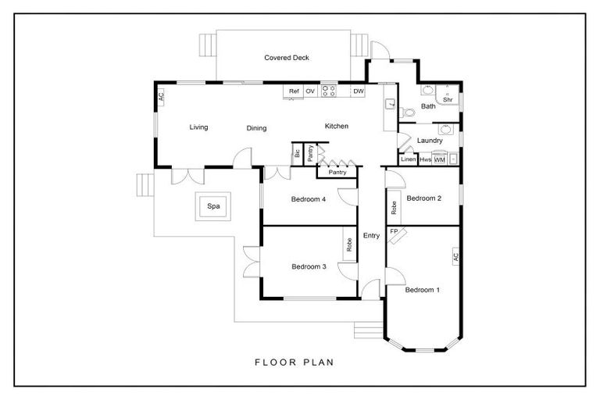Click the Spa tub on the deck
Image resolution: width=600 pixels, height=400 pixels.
pyautogui.click(x=213, y=206)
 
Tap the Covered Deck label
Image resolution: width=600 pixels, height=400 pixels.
pyautogui.click(x=287, y=58)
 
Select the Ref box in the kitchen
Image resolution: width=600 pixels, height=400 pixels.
pyautogui.click(x=294, y=91)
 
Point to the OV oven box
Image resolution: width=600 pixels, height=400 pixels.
pyautogui.click(x=310, y=91)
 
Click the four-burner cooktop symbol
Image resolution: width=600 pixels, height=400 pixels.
pyautogui.click(x=329, y=91)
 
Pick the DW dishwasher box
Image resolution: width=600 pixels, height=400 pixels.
pyautogui.click(x=358, y=91)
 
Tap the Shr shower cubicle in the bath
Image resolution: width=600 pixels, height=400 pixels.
pyautogui.click(x=448, y=95)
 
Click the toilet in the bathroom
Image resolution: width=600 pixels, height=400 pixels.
pyautogui.click(x=407, y=113)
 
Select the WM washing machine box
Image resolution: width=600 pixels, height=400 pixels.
pyautogui.click(x=440, y=159)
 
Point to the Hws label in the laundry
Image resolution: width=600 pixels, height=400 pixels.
pyautogui.click(x=425, y=159)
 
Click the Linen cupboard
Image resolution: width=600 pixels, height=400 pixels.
pyautogui.click(x=408, y=159)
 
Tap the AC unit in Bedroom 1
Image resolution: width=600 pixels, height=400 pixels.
pyautogui.click(x=455, y=256)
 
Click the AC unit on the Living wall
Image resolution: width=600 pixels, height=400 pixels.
pyautogui.click(x=161, y=96)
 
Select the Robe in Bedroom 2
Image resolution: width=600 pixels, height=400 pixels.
pyautogui.click(x=394, y=208)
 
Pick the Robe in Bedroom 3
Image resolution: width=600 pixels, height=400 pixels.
pyautogui.click(x=349, y=245)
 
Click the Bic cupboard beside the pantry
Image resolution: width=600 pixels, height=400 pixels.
pyautogui.click(x=298, y=154)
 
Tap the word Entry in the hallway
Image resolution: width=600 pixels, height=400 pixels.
pyautogui.click(x=371, y=235)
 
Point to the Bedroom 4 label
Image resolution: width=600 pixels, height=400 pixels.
pyautogui.click(x=309, y=199)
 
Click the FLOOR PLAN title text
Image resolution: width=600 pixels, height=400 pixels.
pyautogui.click(x=295, y=362)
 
